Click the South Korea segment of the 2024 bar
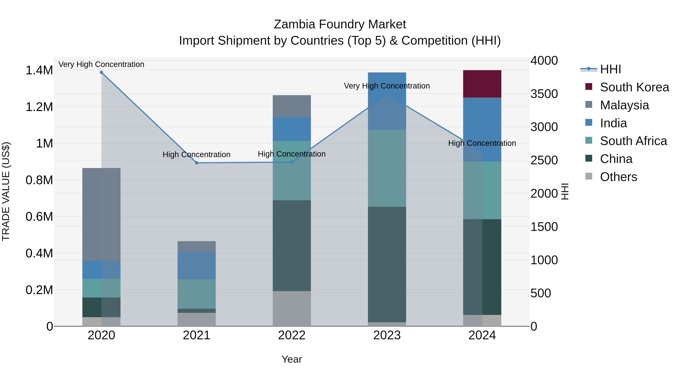(x=482, y=84)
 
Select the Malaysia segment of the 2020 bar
(x=101, y=214)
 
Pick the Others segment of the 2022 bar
(x=292, y=308)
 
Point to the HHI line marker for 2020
(x=101, y=72)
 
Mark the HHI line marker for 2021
(x=196, y=163)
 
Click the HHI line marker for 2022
(x=292, y=162)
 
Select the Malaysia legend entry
(x=624, y=105)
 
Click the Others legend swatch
(x=589, y=176)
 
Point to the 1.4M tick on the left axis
(x=39, y=70)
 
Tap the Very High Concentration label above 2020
(x=101, y=64)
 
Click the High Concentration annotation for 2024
(x=482, y=143)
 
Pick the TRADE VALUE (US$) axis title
(x=6, y=191)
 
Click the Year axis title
(x=292, y=359)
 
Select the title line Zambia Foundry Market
(x=340, y=24)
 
